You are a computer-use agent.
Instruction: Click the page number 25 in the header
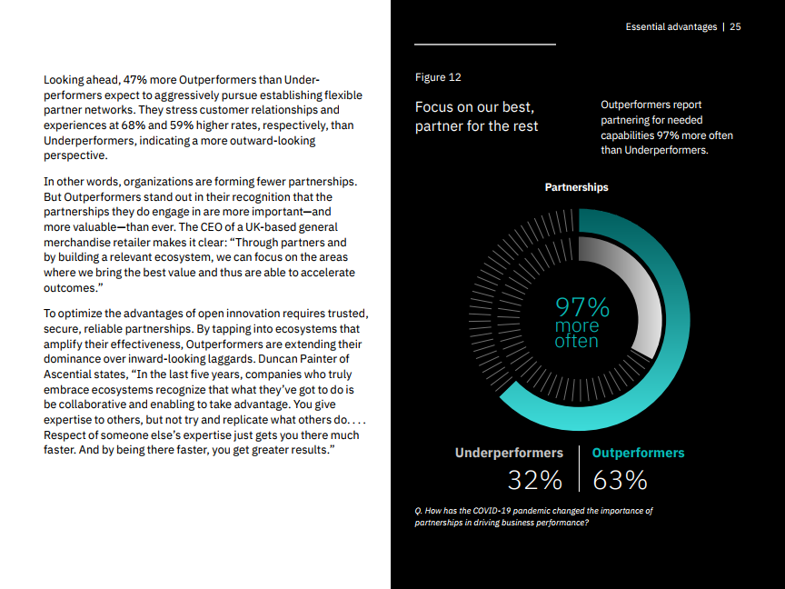[735, 27]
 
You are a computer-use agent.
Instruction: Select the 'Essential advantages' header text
[671, 27]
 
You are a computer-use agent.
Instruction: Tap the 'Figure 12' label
[438, 77]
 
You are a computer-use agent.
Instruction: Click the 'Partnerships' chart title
[576, 187]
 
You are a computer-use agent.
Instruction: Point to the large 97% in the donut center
[582, 307]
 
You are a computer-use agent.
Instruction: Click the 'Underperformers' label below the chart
[509, 453]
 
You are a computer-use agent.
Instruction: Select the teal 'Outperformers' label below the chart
[638, 453]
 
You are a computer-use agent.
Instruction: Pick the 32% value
[535, 480]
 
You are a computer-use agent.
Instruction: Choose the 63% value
[620, 480]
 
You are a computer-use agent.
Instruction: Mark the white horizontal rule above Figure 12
[484, 44]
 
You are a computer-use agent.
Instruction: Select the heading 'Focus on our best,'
[474, 107]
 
